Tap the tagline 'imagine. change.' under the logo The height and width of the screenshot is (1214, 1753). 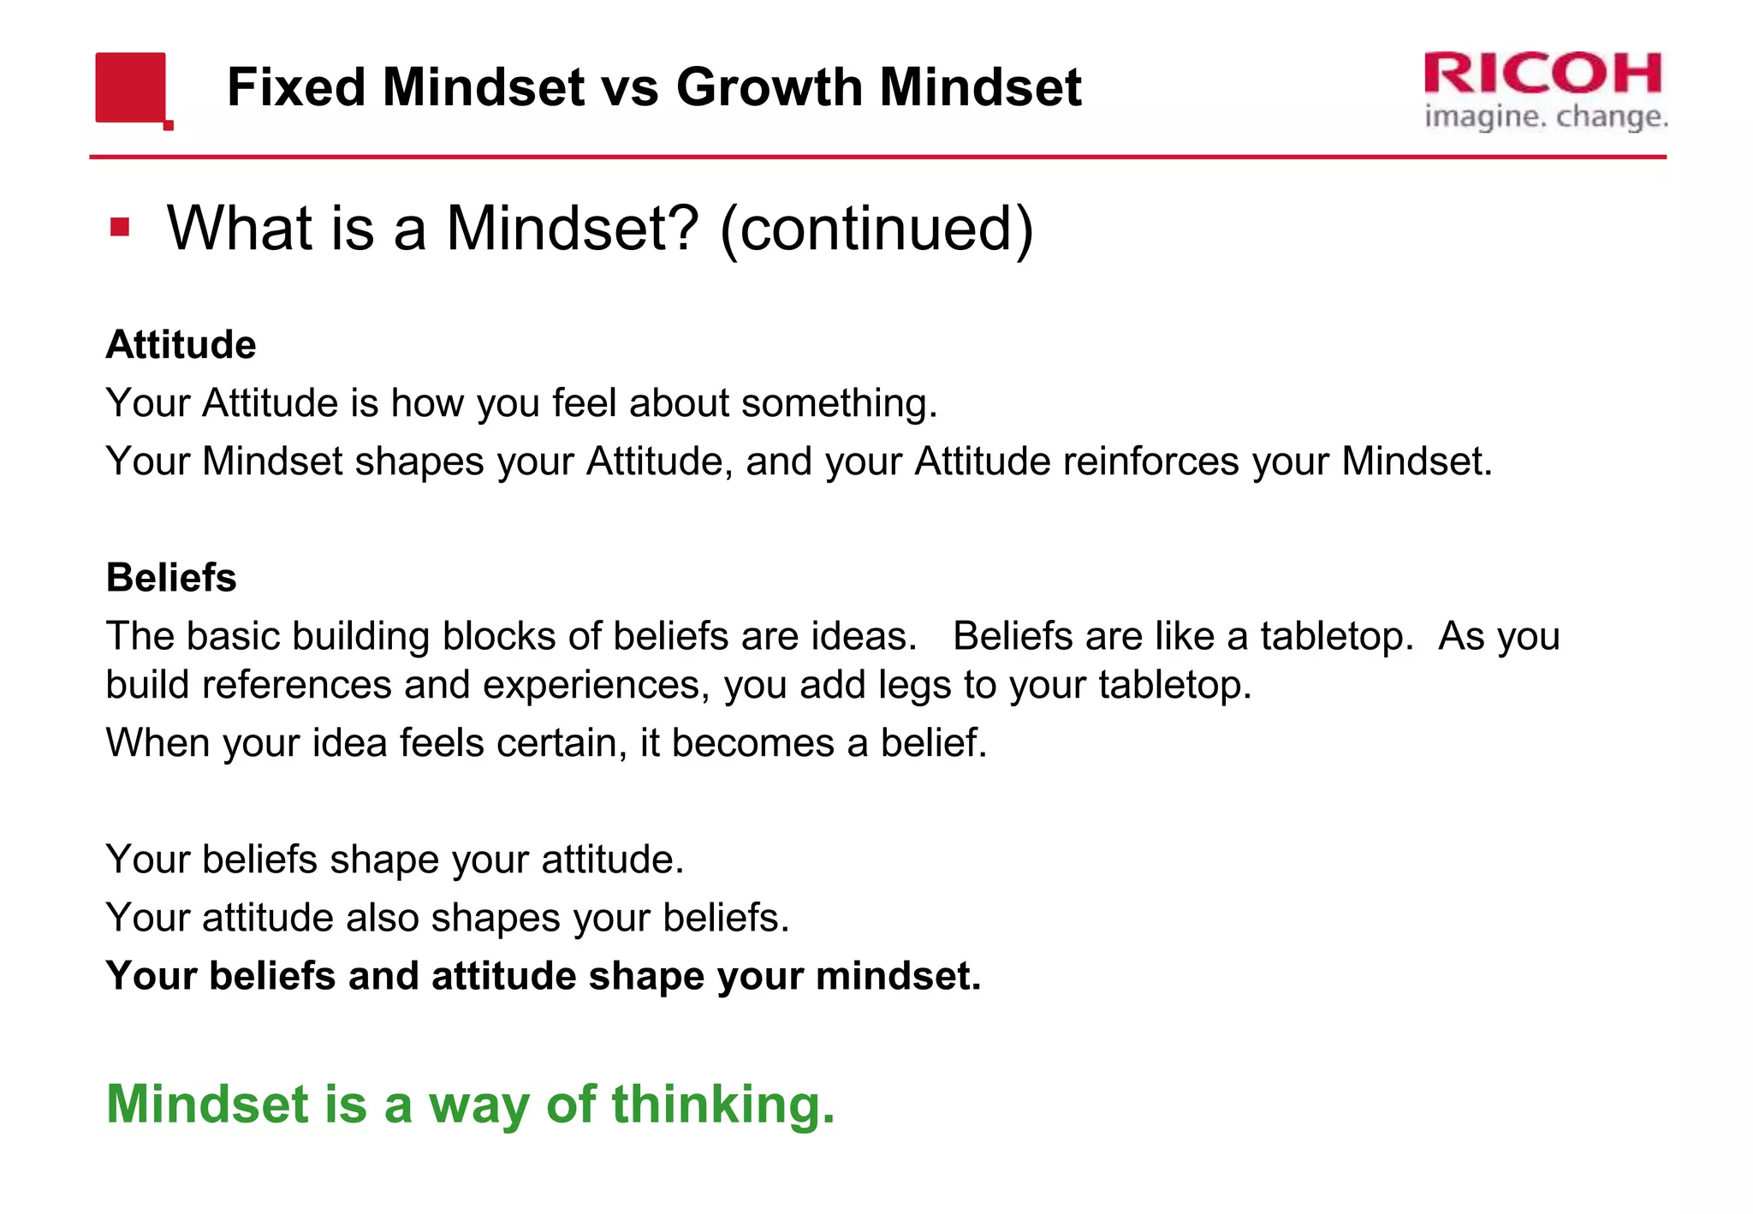click(1546, 116)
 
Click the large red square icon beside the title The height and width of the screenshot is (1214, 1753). click(130, 87)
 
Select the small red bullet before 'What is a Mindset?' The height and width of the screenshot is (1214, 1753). click(120, 228)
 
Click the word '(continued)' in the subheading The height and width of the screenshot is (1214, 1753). click(876, 229)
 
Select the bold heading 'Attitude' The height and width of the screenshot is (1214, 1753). click(181, 345)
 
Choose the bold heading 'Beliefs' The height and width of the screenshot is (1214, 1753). click(171, 578)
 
